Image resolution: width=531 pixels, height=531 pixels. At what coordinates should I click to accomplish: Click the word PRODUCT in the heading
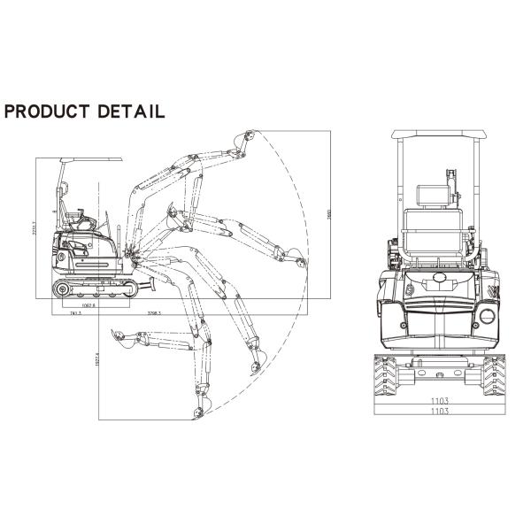47,112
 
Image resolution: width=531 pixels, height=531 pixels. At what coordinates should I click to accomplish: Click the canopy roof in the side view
90,160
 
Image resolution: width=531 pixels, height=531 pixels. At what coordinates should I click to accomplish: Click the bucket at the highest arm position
246,140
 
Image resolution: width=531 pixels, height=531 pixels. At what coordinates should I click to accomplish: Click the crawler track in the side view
94,289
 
